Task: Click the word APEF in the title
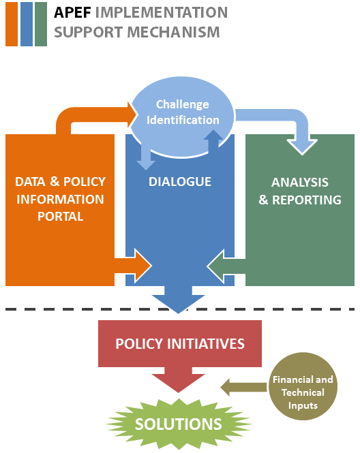pos(72,13)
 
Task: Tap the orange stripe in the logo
pos(12,24)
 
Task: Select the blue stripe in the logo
pos(27,24)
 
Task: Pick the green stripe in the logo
pos(41,24)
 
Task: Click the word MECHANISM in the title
pos(173,32)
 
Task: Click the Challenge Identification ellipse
pos(183,116)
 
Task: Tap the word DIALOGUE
pos(180,182)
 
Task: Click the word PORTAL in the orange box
pos(61,217)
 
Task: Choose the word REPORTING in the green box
pos(307,200)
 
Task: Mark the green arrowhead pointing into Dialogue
pos(216,266)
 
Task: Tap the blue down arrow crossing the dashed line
pos(179,300)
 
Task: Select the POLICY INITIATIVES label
pos(180,344)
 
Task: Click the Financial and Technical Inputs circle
pos(303,386)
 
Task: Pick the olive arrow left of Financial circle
pos(243,387)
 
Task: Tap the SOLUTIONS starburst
pos(179,424)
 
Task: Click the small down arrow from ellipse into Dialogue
pos(146,157)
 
